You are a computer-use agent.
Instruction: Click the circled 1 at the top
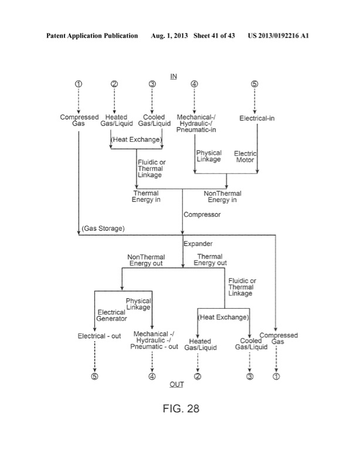(79, 84)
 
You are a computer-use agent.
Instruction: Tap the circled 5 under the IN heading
(254, 84)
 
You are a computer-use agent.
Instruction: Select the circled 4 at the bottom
(152, 376)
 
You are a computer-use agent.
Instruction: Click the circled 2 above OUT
(198, 376)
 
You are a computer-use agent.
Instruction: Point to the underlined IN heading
(174, 77)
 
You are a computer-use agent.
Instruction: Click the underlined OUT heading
(176, 384)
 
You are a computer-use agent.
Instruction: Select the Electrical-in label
(257, 118)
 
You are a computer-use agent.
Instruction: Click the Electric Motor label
(246, 156)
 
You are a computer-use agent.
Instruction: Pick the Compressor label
(202, 215)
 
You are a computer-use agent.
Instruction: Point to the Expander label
(199, 242)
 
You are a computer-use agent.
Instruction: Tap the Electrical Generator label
(111, 316)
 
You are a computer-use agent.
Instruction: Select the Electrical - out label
(97, 336)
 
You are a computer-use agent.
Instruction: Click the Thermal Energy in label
(147, 196)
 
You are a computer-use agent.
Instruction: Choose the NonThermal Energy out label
(147, 260)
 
